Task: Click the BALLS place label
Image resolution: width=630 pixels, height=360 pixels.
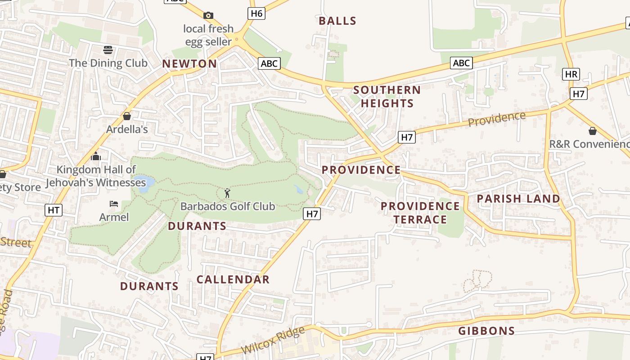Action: pos(337,21)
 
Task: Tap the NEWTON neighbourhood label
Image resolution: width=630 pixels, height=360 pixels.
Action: pos(189,64)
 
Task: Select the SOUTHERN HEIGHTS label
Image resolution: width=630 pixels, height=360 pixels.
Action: pos(387,96)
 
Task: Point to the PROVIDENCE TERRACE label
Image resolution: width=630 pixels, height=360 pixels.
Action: pos(420,213)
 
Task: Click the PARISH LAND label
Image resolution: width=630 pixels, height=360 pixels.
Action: pos(518,198)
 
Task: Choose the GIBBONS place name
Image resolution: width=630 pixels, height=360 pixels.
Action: pos(486,331)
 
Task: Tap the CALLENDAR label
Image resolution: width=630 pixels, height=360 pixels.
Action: pos(233,279)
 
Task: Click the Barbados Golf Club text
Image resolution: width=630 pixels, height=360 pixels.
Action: pos(227,207)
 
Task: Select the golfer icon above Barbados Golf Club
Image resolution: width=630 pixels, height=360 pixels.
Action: pos(227,193)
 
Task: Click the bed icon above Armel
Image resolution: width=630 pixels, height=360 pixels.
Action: pos(114,204)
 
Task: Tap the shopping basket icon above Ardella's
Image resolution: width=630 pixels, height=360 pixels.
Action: pos(127,117)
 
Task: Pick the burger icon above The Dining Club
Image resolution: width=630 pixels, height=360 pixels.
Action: pos(108,49)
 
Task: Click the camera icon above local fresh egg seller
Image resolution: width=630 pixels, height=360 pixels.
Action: pos(208,16)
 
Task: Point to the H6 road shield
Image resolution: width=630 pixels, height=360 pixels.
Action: pos(256,13)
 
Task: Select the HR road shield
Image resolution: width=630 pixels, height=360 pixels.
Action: pos(571,74)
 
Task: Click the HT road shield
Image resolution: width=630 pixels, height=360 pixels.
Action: pos(54,210)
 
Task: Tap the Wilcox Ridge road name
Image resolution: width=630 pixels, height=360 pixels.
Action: pos(273,341)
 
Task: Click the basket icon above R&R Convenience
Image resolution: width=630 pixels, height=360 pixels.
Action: pos(593,131)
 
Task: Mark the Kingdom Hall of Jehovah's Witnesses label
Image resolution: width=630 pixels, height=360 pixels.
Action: pos(96,176)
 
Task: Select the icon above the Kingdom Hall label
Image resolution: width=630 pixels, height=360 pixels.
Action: pos(95,157)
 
